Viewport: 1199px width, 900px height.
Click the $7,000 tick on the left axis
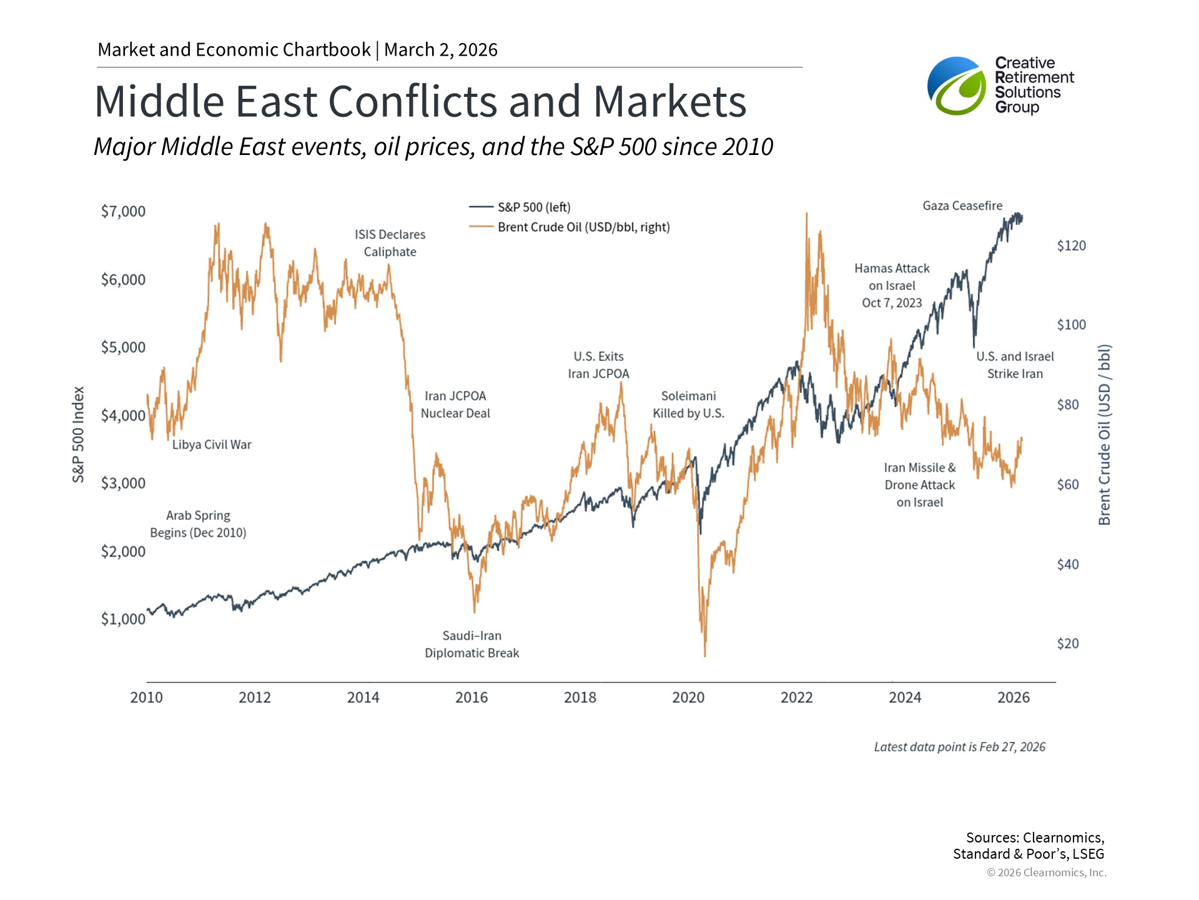pyautogui.click(x=123, y=211)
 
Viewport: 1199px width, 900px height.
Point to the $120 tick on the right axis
pyautogui.click(x=1071, y=246)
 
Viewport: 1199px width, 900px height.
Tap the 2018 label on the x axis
pyautogui.click(x=580, y=697)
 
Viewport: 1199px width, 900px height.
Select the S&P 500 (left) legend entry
pyautogui.click(x=520, y=207)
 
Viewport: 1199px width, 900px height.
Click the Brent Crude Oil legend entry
pyautogui.click(x=569, y=227)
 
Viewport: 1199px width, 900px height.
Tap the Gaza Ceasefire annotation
pyautogui.click(x=962, y=206)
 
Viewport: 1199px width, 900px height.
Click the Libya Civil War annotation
pyautogui.click(x=212, y=444)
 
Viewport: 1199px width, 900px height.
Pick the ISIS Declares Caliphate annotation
pyautogui.click(x=390, y=243)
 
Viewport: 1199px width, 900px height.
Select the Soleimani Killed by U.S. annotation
pyautogui.click(x=688, y=404)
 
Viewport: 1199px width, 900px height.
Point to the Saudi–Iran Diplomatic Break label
pyautogui.click(x=472, y=644)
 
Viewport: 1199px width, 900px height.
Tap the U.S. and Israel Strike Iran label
pyautogui.click(x=1015, y=365)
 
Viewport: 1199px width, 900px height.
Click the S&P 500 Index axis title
pyautogui.click(x=78, y=434)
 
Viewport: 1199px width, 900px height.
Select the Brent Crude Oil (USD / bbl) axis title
pyautogui.click(x=1104, y=434)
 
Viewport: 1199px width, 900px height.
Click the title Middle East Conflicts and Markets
pyautogui.click(x=420, y=101)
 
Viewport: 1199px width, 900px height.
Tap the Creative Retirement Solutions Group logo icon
pyautogui.click(x=956, y=86)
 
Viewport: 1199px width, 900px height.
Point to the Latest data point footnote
pyautogui.click(x=959, y=747)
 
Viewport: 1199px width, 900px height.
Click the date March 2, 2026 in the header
pyautogui.click(x=441, y=49)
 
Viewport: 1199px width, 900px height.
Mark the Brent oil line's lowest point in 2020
pyautogui.click(x=705, y=656)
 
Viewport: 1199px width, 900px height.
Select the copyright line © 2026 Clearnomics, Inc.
pyautogui.click(x=1046, y=872)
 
